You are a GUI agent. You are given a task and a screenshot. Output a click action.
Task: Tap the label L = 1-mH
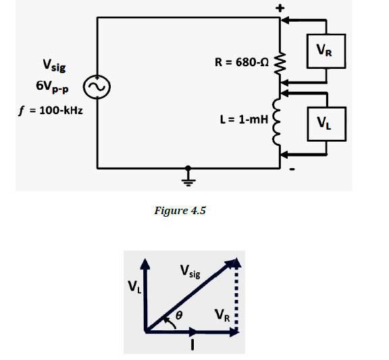click(x=244, y=120)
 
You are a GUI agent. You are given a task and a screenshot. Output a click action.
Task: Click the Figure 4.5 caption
click(x=180, y=210)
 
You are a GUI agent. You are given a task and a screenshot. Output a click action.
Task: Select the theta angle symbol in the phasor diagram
click(x=179, y=315)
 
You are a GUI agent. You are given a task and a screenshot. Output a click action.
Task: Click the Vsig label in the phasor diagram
click(x=190, y=272)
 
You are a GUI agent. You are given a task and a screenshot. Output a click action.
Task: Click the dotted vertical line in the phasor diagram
click(x=236, y=297)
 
